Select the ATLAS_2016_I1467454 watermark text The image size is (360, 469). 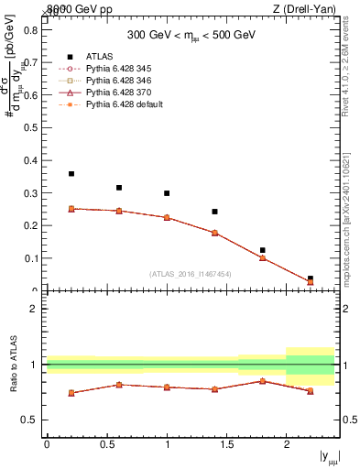191,274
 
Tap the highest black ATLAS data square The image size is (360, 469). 71,173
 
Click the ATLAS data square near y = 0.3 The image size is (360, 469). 167,193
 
